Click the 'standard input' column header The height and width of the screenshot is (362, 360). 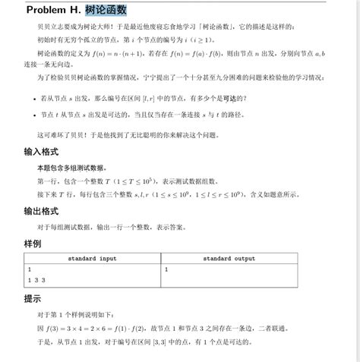coord(93,259)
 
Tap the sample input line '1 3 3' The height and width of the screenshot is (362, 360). coord(37,280)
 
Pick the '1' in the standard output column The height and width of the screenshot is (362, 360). coord(166,269)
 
